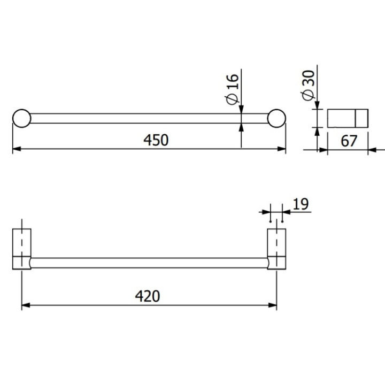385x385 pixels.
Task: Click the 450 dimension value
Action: point(156,140)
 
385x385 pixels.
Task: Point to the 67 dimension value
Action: point(349,141)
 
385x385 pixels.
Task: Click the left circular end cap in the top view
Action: point(21,118)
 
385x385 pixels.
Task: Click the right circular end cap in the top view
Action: point(276,118)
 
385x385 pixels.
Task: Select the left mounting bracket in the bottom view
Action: point(21,249)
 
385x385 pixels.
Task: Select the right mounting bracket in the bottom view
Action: point(276,249)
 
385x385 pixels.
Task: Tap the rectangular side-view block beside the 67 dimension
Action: point(348,118)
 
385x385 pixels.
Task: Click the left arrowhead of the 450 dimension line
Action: point(16,149)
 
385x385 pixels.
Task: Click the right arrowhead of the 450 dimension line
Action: point(281,149)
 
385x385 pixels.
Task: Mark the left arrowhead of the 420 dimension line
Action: point(26,305)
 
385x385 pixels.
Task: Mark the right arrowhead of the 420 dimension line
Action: point(273,305)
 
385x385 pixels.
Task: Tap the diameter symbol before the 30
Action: point(307,95)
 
